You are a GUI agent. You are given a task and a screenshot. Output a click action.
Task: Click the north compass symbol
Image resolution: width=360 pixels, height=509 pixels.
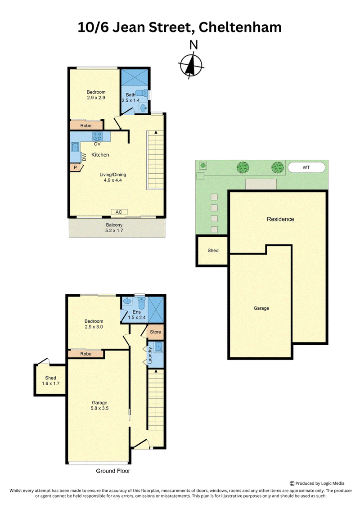click(191, 65)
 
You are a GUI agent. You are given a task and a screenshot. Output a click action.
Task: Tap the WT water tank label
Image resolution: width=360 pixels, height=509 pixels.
click(306, 167)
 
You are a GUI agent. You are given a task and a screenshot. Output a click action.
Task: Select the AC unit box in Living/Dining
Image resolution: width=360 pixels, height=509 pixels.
click(119, 212)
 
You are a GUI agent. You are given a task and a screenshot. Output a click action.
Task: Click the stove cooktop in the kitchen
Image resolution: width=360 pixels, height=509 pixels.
click(97, 136)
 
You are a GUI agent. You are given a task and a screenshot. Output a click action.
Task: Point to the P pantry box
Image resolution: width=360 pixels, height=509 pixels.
click(76, 167)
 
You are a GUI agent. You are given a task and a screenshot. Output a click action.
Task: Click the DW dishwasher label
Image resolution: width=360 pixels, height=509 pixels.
click(84, 157)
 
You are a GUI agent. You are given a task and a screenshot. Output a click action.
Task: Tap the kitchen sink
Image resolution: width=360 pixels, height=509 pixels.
click(75, 147)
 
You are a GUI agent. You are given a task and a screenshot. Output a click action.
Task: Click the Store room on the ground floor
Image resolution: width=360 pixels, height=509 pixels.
click(155, 332)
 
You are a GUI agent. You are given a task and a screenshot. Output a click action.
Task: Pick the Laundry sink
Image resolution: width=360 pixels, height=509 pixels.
click(159, 347)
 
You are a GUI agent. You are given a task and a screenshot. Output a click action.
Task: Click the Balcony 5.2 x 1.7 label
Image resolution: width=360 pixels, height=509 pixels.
click(114, 228)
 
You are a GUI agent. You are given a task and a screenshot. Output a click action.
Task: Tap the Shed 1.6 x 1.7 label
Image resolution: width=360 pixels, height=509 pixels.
click(51, 380)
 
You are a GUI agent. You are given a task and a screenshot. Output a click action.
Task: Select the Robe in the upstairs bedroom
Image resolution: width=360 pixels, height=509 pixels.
click(86, 125)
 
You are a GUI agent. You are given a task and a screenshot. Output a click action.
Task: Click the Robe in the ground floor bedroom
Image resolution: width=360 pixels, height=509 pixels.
click(85, 354)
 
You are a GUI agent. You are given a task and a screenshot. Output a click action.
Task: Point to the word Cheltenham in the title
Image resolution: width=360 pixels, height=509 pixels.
click(240, 27)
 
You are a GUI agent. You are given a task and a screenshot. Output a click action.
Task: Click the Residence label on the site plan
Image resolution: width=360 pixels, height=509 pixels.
click(280, 219)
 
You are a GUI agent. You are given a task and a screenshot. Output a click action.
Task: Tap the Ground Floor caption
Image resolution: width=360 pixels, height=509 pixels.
click(113, 471)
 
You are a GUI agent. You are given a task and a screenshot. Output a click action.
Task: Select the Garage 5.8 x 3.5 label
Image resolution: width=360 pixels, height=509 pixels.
click(99, 405)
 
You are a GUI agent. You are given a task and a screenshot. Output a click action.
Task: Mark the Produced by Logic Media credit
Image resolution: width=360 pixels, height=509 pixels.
click(317, 483)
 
